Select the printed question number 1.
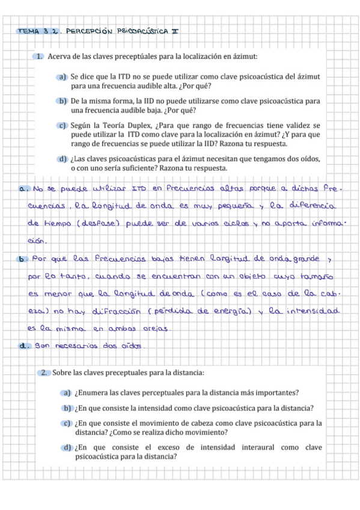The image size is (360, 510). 39,57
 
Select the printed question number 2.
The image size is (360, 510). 44,373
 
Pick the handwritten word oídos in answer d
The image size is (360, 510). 130,345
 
